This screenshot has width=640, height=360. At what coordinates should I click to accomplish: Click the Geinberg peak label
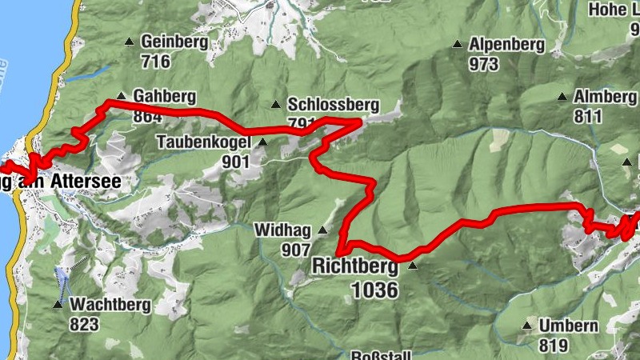(174, 42)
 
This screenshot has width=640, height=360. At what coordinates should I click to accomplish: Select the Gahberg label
(165, 97)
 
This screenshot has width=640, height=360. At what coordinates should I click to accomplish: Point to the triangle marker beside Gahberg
(120, 94)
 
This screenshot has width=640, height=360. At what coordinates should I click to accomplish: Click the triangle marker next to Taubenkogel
(263, 142)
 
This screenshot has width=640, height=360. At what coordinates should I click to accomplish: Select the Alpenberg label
(507, 45)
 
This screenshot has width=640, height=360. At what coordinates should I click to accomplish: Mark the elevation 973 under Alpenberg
(485, 64)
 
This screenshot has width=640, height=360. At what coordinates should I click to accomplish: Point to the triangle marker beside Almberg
(562, 97)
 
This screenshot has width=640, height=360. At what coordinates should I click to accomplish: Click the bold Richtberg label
(357, 265)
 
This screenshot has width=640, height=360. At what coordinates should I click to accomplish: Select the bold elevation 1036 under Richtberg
(374, 289)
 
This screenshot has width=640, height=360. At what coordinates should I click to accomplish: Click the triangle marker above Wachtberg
(58, 305)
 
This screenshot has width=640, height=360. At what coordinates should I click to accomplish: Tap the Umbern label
(568, 326)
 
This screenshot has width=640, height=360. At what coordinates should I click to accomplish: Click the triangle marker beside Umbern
(526, 326)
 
